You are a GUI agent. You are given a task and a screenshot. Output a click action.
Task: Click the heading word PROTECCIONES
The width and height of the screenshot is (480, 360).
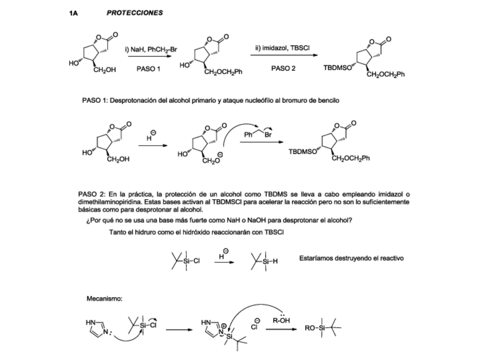(x=135, y=12)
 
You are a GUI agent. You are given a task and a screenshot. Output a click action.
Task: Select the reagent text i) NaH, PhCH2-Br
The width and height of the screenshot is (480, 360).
(x=151, y=50)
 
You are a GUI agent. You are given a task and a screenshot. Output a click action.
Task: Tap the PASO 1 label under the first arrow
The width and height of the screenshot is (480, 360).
(x=149, y=69)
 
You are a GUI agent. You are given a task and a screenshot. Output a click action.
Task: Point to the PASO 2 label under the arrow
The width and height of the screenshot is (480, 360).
(x=283, y=68)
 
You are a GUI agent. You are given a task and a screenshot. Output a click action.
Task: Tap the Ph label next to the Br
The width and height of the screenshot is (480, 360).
(x=248, y=134)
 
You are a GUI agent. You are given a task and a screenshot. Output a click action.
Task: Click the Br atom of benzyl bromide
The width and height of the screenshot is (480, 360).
(x=268, y=134)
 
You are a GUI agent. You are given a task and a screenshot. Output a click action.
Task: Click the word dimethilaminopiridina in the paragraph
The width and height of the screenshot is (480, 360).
(x=109, y=202)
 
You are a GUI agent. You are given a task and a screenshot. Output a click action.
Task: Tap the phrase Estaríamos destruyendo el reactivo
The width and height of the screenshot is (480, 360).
(x=352, y=258)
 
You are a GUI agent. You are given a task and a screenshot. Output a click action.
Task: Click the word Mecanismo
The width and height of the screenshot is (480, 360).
(x=105, y=298)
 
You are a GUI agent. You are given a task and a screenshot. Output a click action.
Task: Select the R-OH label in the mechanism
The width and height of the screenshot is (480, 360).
(x=282, y=320)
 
